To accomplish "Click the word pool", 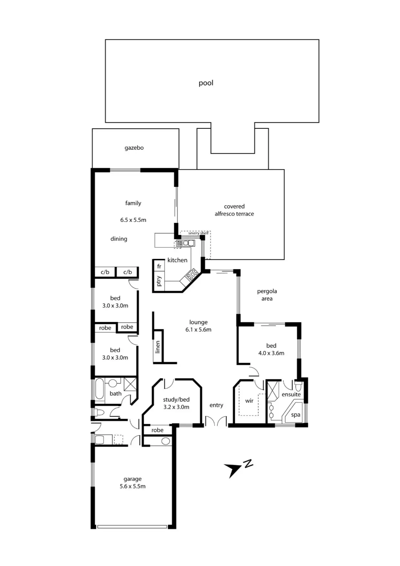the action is [x=206, y=83].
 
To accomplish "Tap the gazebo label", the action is [x=134, y=148].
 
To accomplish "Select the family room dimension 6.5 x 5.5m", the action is [x=133, y=220].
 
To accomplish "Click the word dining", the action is [x=119, y=239].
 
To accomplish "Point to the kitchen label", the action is [x=177, y=260].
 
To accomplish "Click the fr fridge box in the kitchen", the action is [x=159, y=267].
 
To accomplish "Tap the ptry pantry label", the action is [x=159, y=281].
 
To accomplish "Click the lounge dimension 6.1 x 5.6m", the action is [x=198, y=330].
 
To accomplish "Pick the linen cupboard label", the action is [x=157, y=347].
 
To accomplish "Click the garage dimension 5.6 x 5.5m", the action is [x=133, y=486].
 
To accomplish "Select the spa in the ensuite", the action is [x=295, y=415].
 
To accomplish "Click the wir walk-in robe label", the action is [x=249, y=401].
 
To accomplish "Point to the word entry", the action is [x=216, y=405].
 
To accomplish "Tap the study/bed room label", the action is [x=176, y=400].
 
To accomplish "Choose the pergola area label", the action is [x=267, y=295].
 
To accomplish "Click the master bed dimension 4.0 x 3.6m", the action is [x=271, y=353].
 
